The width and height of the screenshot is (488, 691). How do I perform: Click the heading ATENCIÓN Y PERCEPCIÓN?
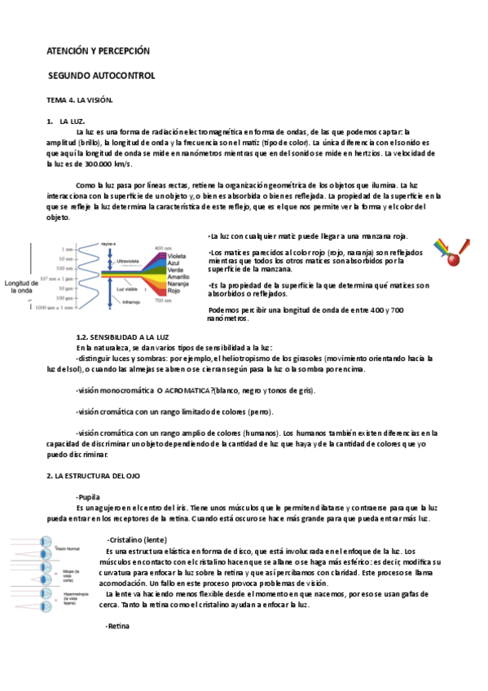pyautogui.click(x=99, y=51)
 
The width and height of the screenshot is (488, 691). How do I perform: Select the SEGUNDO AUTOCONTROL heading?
pyautogui.click(x=101, y=76)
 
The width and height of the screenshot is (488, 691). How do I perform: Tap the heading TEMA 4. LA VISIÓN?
pyautogui.click(x=79, y=99)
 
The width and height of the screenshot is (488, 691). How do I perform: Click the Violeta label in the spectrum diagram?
pyautogui.click(x=177, y=254)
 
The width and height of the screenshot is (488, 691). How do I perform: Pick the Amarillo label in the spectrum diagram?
pyautogui.click(x=178, y=276)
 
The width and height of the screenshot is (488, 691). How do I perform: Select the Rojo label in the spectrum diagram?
pyautogui.click(x=174, y=290)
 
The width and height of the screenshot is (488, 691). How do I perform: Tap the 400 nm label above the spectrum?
pyautogui.click(x=162, y=248)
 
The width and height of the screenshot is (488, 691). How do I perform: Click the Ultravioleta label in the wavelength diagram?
pyautogui.click(x=130, y=262)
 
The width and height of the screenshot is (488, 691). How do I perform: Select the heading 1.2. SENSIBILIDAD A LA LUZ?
pyautogui.click(x=121, y=337)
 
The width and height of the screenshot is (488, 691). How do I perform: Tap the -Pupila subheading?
pyautogui.click(x=88, y=496)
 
